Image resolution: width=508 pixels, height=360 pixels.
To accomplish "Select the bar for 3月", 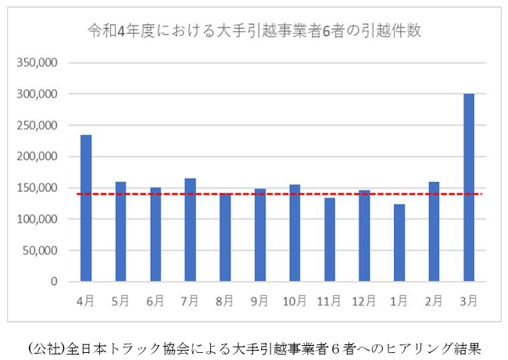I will pyautogui.click(x=469, y=187).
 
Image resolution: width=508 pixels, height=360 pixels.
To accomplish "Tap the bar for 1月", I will pyautogui.click(x=399, y=243).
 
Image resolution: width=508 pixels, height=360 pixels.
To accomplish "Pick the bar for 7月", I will pyautogui.click(x=190, y=230).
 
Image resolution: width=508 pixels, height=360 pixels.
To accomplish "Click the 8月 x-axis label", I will pyautogui.click(x=225, y=300).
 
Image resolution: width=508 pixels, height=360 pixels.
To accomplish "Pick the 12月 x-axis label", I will pyautogui.click(x=364, y=300).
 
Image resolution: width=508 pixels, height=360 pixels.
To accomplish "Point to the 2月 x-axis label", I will pyautogui.click(x=434, y=300).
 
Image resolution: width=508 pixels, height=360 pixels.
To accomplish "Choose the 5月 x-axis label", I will pyautogui.click(x=120, y=300).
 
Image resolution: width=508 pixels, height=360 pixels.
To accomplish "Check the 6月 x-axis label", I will pyautogui.click(x=156, y=300).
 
